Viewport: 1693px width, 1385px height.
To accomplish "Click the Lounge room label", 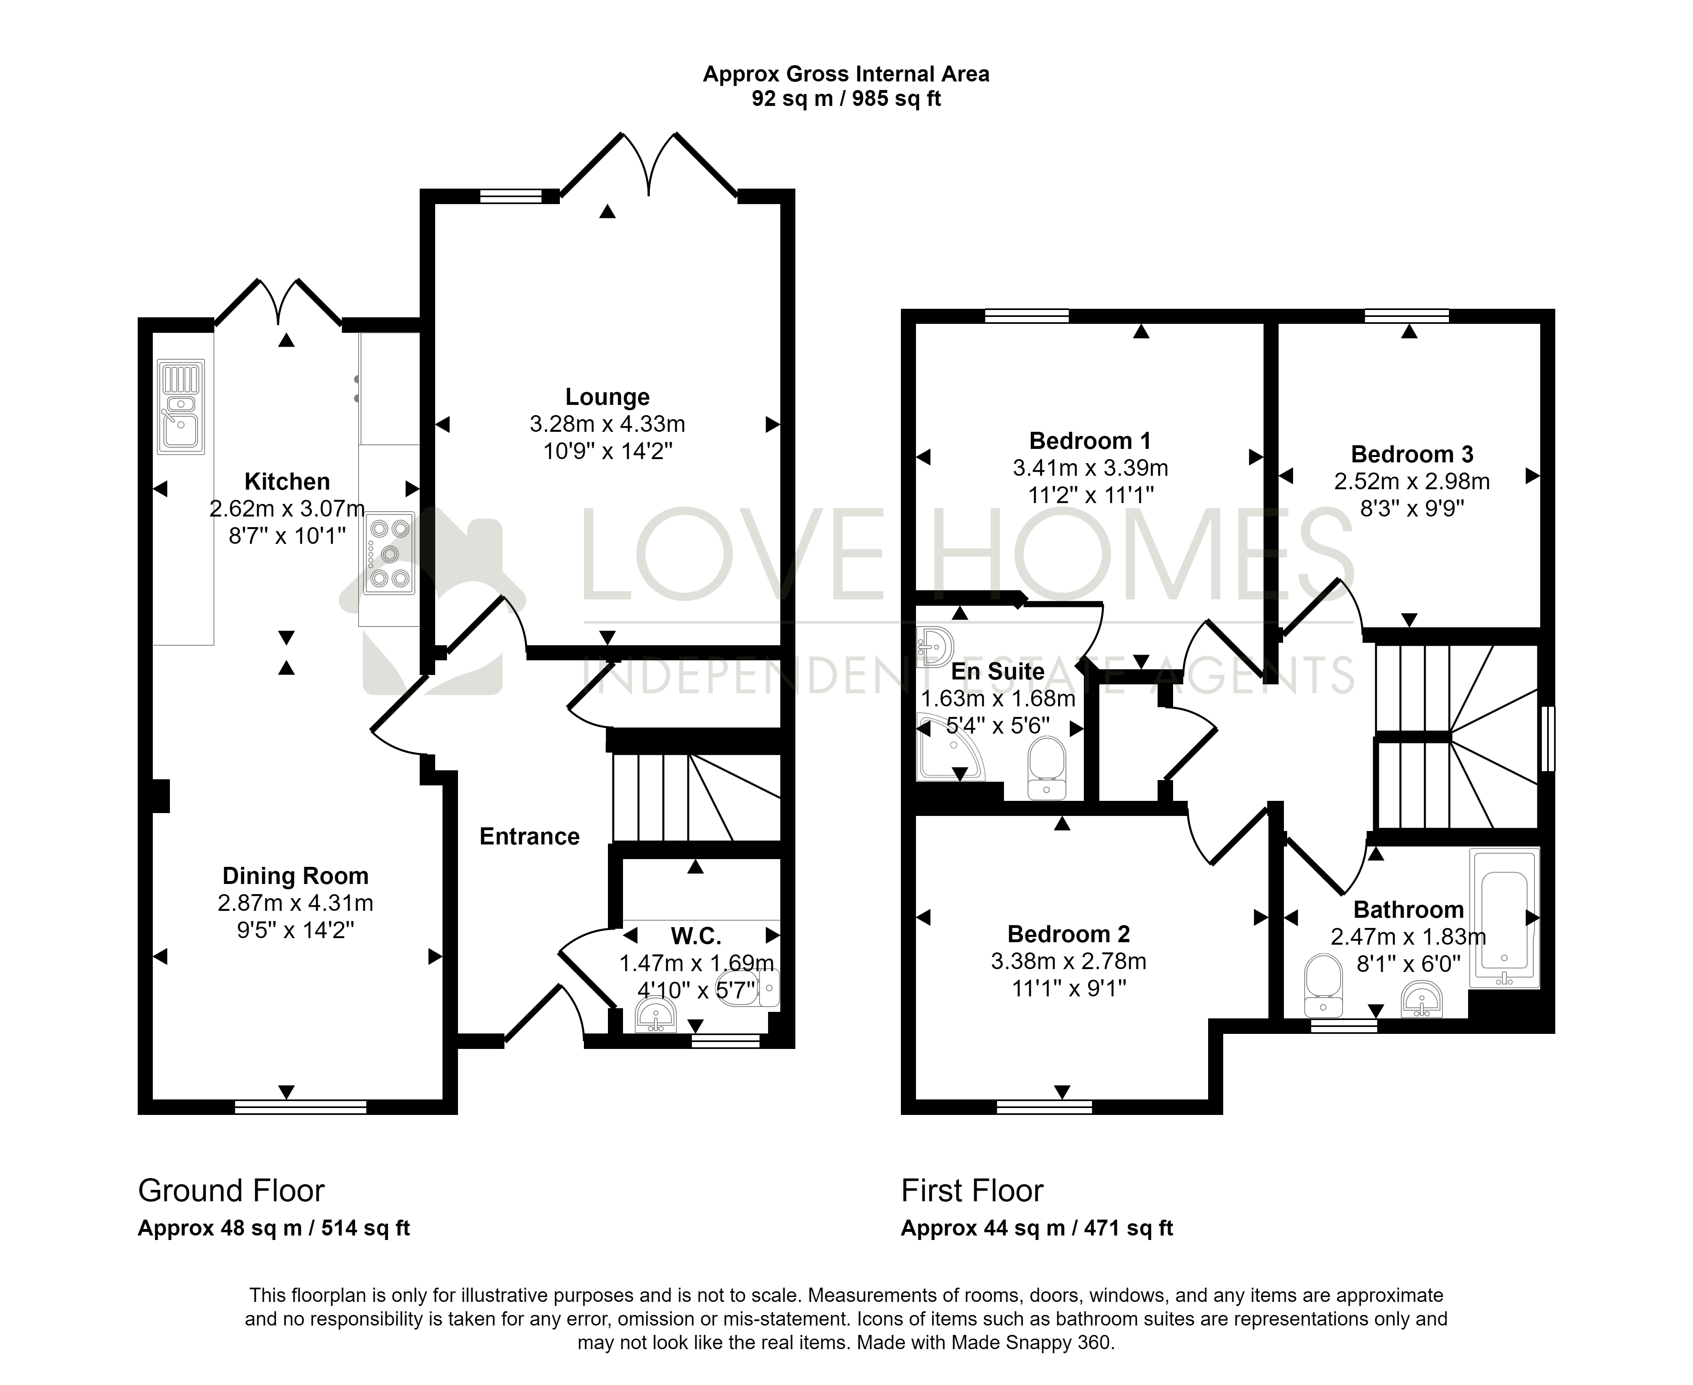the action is (x=607, y=396).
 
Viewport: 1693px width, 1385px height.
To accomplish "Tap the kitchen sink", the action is (x=181, y=407).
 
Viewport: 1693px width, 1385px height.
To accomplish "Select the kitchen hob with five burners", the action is (x=390, y=553).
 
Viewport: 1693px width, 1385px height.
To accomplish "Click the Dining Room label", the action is (x=295, y=876).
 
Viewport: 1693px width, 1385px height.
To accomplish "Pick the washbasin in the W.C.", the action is (x=656, y=1016).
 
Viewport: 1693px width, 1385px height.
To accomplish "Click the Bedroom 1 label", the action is (x=1090, y=440).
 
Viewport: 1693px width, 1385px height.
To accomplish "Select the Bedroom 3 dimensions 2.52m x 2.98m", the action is (x=1411, y=481).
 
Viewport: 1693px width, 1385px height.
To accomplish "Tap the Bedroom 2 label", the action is (x=1068, y=933).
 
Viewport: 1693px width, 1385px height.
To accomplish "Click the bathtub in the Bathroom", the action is (x=1504, y=917).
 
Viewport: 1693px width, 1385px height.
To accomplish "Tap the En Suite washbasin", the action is (x=934, y=646).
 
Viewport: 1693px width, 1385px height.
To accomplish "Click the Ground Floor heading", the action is (x=231, y=1191).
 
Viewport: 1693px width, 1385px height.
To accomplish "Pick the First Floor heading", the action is (x=972, y=1191).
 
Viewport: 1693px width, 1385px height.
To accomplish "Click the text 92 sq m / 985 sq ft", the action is (x=847, y=99).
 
